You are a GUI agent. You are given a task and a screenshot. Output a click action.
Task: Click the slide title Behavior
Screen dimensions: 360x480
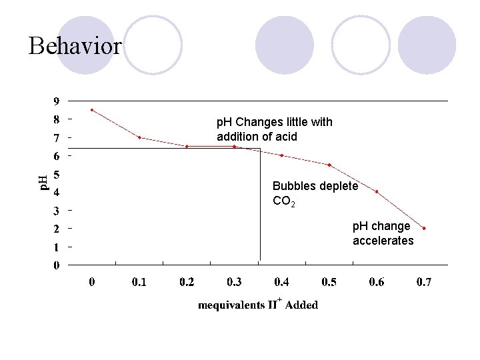point(75,46)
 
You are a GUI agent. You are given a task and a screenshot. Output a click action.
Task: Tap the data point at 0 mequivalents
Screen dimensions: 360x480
point(92,110)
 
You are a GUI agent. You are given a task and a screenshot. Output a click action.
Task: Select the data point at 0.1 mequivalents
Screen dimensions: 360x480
point(139,137)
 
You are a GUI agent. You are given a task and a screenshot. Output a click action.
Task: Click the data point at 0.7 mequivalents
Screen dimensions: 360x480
point(424,228)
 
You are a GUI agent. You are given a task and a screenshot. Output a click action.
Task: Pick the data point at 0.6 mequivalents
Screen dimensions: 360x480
point(377,191)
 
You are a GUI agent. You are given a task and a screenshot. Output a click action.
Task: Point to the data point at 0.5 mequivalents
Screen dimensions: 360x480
point(329,165)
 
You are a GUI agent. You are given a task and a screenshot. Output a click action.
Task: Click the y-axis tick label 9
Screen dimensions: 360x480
point(56,102)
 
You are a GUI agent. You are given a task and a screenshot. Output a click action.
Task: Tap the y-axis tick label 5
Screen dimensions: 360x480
point(56,175)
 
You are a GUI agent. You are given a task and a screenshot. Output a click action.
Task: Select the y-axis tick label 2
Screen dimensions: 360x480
point(56,229)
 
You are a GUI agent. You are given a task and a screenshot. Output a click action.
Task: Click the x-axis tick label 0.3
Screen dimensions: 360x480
point(234,283)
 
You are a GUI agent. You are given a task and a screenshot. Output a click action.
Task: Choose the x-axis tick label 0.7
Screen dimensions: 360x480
point(424,283)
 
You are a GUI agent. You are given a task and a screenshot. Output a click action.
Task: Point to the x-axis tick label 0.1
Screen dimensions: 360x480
point(139,283)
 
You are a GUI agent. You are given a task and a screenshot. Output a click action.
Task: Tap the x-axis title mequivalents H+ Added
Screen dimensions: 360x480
point(258,305)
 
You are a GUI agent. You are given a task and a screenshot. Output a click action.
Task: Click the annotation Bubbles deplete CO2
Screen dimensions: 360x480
point(315,193)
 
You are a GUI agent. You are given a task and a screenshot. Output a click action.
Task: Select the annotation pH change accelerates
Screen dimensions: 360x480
point(383,233)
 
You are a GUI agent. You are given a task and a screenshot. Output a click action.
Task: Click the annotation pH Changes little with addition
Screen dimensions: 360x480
point(275,129)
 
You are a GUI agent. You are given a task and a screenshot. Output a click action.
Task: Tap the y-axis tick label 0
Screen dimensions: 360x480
point(56,265)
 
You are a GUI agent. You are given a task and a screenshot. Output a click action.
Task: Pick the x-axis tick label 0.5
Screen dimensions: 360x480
point(329,283)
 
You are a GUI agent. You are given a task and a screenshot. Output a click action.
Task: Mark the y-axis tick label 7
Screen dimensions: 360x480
point(56,139)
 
